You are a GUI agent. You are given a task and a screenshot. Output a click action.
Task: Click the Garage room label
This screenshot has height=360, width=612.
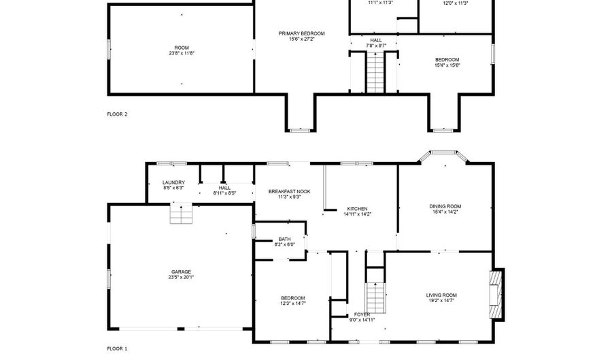click(181, 272)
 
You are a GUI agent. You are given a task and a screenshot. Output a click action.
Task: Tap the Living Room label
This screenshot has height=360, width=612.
click(441, 295)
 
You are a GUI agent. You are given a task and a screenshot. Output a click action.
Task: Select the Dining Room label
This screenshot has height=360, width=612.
click(445, 206)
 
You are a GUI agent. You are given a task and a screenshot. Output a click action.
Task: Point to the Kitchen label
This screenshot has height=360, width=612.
click(358, 209)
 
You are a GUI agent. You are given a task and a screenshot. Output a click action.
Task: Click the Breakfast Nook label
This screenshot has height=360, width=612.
click(289, 192)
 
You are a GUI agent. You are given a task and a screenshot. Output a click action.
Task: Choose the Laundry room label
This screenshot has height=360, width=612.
click(173, 182)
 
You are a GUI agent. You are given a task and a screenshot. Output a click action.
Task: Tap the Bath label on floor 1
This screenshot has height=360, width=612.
click(284, 239)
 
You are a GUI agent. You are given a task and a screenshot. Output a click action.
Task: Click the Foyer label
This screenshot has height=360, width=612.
click(362, 314)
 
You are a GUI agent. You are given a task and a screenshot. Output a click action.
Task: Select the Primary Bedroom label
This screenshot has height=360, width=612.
click(302, 33)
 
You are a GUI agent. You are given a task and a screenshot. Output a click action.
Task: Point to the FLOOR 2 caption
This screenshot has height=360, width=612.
click(117, 114)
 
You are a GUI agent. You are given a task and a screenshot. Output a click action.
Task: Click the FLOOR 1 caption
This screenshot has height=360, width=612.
click(117, 348)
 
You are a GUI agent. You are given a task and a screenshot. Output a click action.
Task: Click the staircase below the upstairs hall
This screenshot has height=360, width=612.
click(375, 71)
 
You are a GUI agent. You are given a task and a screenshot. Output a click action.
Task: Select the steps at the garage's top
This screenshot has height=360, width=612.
click(182, 215)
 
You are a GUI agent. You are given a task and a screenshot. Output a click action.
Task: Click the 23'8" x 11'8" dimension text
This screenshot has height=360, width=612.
click(182, 53)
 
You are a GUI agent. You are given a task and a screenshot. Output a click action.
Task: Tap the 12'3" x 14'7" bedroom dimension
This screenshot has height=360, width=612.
click(293, 304)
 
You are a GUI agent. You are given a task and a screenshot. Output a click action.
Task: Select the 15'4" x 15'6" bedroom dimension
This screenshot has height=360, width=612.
click(447, 65)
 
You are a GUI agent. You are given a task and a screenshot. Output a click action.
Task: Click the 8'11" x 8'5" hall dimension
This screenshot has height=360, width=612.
click(224, 193)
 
